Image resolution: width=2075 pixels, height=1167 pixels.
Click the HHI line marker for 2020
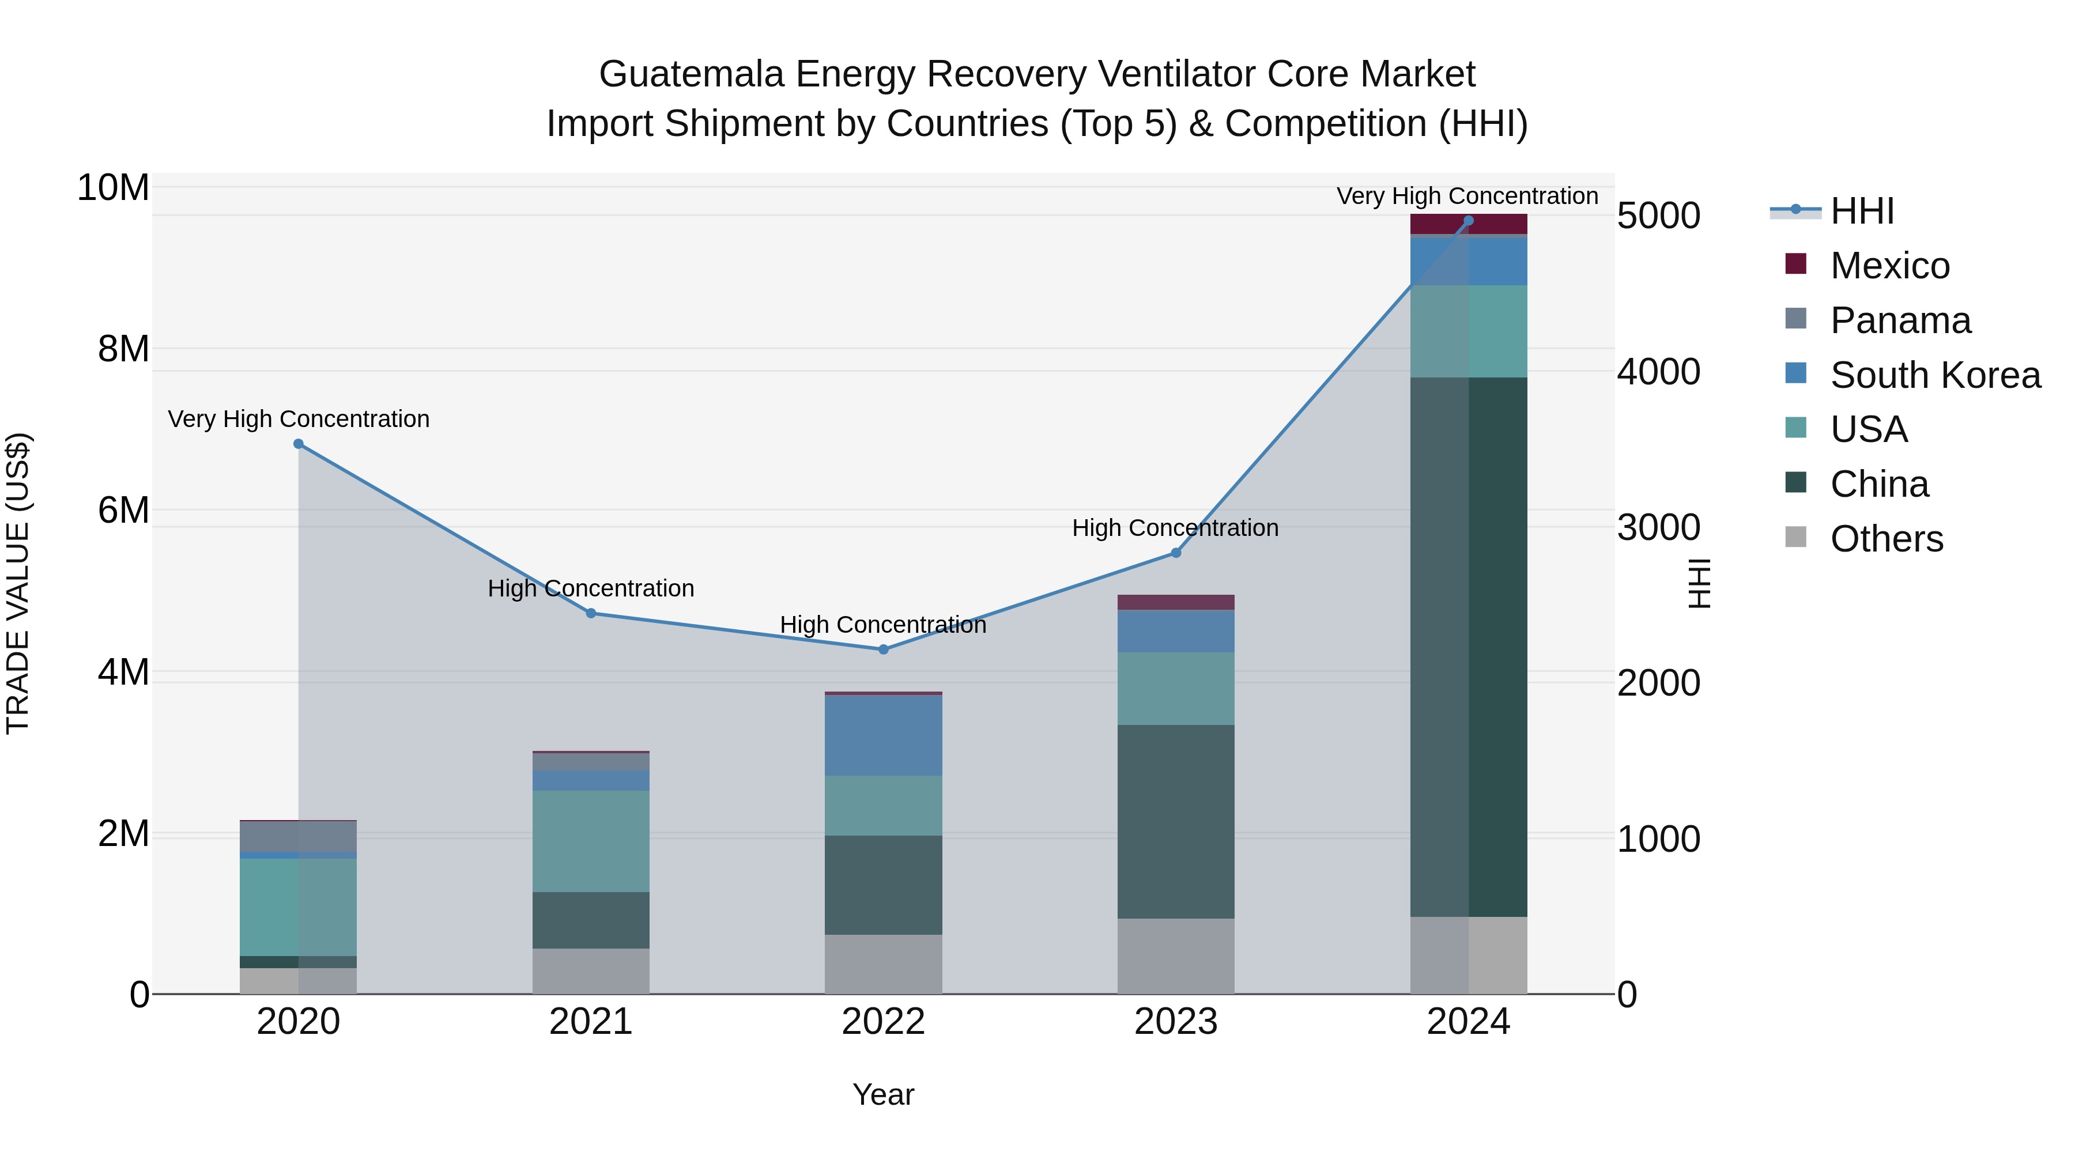click(x=298, y=444)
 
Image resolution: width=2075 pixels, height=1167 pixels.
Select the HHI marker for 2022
click(x=883, y=649)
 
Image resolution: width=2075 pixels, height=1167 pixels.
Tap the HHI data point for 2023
click(x=1175, y=553)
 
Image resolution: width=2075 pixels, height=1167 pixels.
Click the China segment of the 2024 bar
click(x=1469, y=644)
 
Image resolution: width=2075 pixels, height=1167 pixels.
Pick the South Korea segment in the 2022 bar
click(x=883, y=735)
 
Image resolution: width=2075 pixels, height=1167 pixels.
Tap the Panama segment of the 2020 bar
click(x=298, y=836)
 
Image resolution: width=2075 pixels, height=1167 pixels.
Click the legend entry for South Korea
click(x=1935, y=375)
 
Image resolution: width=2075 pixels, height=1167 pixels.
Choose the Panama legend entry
click(x=1900, y=320)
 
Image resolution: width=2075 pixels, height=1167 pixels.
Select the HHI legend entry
click(x=1862, y=211)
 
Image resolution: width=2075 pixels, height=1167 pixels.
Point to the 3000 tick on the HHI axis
click(x=1658, y=527)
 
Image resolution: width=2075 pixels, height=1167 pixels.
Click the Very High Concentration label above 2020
click(x=298, y=419)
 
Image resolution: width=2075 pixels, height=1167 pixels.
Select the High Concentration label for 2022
click(x=883, y=624)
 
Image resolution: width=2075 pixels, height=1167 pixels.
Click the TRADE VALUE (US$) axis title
click(x=18, y=583)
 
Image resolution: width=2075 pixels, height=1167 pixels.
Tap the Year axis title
click(x=883, y=1094)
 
